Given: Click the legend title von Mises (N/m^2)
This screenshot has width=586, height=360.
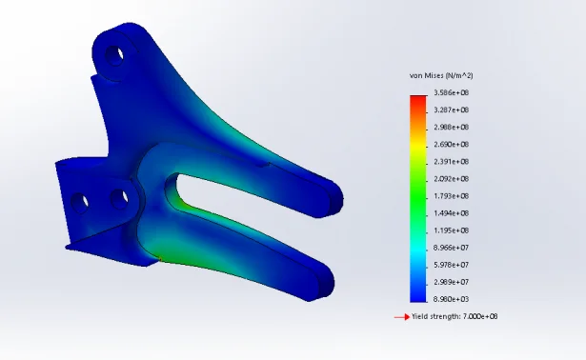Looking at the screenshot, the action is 441,76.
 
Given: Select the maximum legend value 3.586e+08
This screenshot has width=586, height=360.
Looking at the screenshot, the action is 451,92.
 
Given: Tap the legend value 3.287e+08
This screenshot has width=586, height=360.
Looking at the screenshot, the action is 451,110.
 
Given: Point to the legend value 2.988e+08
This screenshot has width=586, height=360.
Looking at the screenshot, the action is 451,127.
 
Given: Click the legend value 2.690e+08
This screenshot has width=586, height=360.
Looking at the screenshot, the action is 451,144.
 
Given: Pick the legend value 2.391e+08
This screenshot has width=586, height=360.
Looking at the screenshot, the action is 451,161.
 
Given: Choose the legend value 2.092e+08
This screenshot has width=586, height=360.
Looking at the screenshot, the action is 451,178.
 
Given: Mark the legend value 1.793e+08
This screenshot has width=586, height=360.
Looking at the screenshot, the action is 451,195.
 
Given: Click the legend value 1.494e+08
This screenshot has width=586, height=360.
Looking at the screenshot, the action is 451,213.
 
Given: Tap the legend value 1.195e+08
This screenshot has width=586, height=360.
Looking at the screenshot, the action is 451,230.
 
